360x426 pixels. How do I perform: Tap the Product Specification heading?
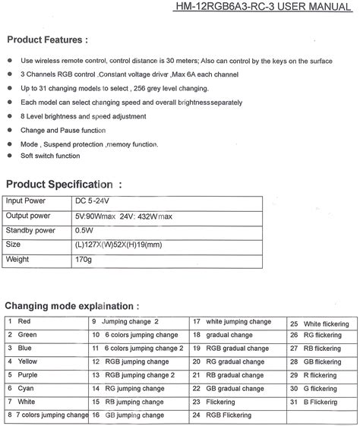pyautogui.click(x=63, y=184)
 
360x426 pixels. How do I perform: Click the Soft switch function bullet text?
pyautogui.click(x=50, y=156)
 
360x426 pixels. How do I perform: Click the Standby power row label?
pyautogui.click(x=30, y=230)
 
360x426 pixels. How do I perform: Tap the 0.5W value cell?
pyautogui.click(x=85, y=230)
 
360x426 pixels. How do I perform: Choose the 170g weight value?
pyautogui.click(x=84, y=259)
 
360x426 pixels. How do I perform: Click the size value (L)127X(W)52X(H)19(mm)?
pyautogui.click(x=119, y=245)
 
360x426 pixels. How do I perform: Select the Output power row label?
pyautogui.click(x=27, y=216)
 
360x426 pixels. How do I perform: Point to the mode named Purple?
pyautogui.click(x=28, y=374)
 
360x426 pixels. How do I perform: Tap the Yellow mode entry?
pyautogui.click(x=27, y=361)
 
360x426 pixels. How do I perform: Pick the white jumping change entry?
pyautogui.click(x=243, y=322)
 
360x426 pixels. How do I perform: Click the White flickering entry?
pyautogui.click(x=323, y=323)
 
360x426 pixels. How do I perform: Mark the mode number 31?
pyautogui.click(x=294, y=401)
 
